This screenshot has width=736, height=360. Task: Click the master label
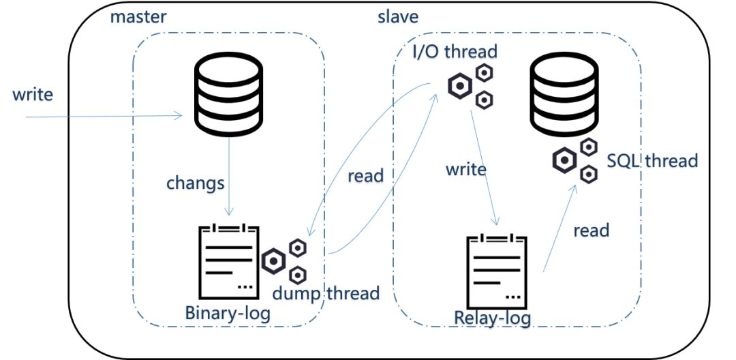pyautogui.click(x=138, y=16)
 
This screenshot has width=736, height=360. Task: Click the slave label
pyautogui.click(x=398, y=16)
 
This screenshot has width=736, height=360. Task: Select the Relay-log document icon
pyautogui.click(x=497, y=271)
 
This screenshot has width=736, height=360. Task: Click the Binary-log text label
pyautogui.click(x=228, y=314)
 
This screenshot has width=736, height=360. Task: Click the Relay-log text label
pyautogui.click(x=493, y=318)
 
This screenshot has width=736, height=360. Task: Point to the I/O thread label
pyautogui.click(x=455, y=51)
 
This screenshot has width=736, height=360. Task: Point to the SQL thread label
pyautogui.click(x=651, y=161)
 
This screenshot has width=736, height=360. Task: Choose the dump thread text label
pyautogui.click(x=326, y=294)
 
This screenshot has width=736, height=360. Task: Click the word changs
pyautogui.click(x=196, y=184)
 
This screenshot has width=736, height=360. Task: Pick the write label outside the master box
pyautogui.click(x=33, y=94)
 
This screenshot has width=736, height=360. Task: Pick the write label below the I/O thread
pyautogui.click(x=466, y=168)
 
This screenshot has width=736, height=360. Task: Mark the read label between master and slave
pyautogui.click(x=365, y=175)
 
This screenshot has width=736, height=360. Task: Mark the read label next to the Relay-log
pyautogui.click(x=591, y=230)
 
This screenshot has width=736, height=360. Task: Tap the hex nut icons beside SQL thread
pyautogui.click(x=575, y=160)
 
